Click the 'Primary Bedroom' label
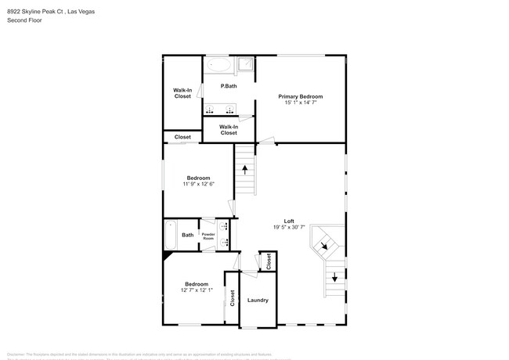[300, 96]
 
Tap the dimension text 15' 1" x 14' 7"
[300, 103]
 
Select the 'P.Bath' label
[229, 86]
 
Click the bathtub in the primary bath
[218, 66]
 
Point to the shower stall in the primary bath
[247, 66]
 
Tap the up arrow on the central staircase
[246, 167]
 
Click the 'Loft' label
[288, 221]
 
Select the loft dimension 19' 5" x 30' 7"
[288, 228]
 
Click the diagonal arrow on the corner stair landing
[323, 247]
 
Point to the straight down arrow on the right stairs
[335, 275]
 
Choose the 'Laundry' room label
[258, 301]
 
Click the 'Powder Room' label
[208, 235]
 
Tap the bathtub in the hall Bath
[171, 235]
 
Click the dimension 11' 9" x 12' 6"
[198, 184]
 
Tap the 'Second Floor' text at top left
[24, 20]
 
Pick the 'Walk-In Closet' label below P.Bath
[229, 130]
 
